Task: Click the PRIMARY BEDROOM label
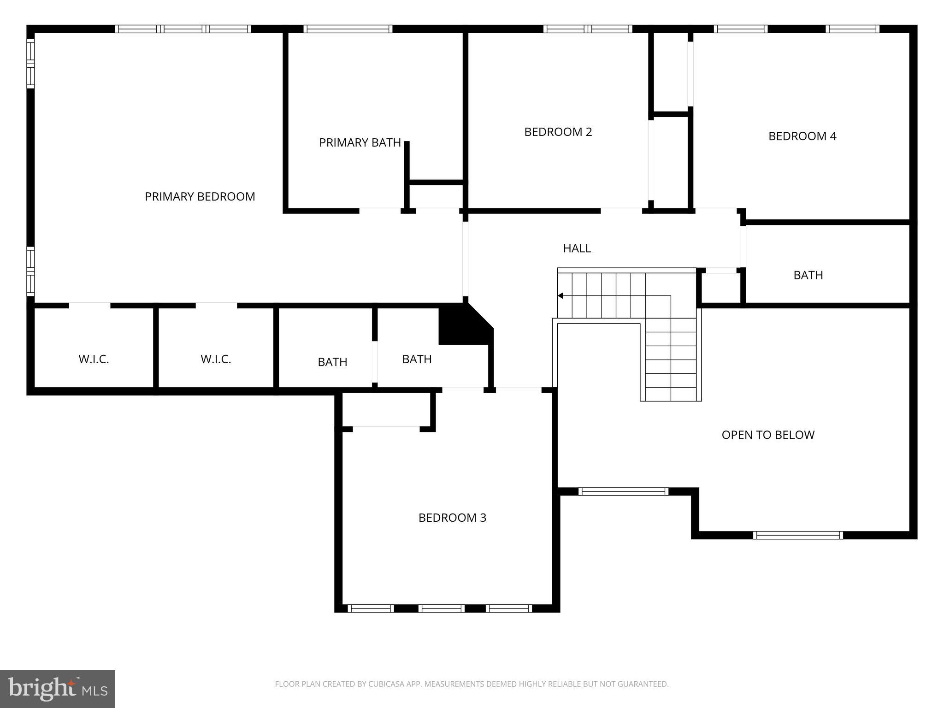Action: tap(200, 197)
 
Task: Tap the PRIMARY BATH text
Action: tap(360, 143)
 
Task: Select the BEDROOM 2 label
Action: tap(558, 132)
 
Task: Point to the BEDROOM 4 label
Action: tap(802, 136)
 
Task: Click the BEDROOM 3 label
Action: tap(452, 518)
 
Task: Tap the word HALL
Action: tap(577, 248)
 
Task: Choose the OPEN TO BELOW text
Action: tap(768, 435)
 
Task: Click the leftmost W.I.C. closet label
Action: tap(94, 360)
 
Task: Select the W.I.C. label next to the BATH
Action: tap(216, 360)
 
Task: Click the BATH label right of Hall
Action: tap(808, 275)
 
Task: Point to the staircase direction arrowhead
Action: tap(560, 295)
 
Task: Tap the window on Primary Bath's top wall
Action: tap(348, 29)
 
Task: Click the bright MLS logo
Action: tap(57, 689)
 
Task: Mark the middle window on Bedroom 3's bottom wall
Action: tap(441, 608)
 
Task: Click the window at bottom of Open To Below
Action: tap(798, 535)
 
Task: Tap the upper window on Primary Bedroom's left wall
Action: tap(30, 64)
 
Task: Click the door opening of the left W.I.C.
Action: tap(89, 305)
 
